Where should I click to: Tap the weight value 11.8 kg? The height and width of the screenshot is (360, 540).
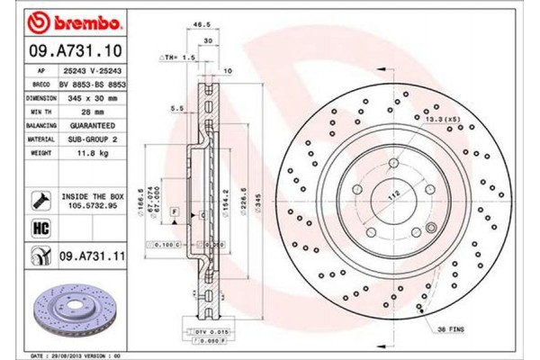(x=93, y=153)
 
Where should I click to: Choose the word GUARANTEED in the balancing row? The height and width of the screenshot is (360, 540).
(x=93, y=126)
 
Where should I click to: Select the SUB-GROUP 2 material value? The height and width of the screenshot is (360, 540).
(x=93, y=139)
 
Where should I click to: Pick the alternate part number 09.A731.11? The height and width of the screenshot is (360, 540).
(x=93, y=257)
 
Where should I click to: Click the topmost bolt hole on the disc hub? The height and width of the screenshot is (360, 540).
(x=394, y=163)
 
